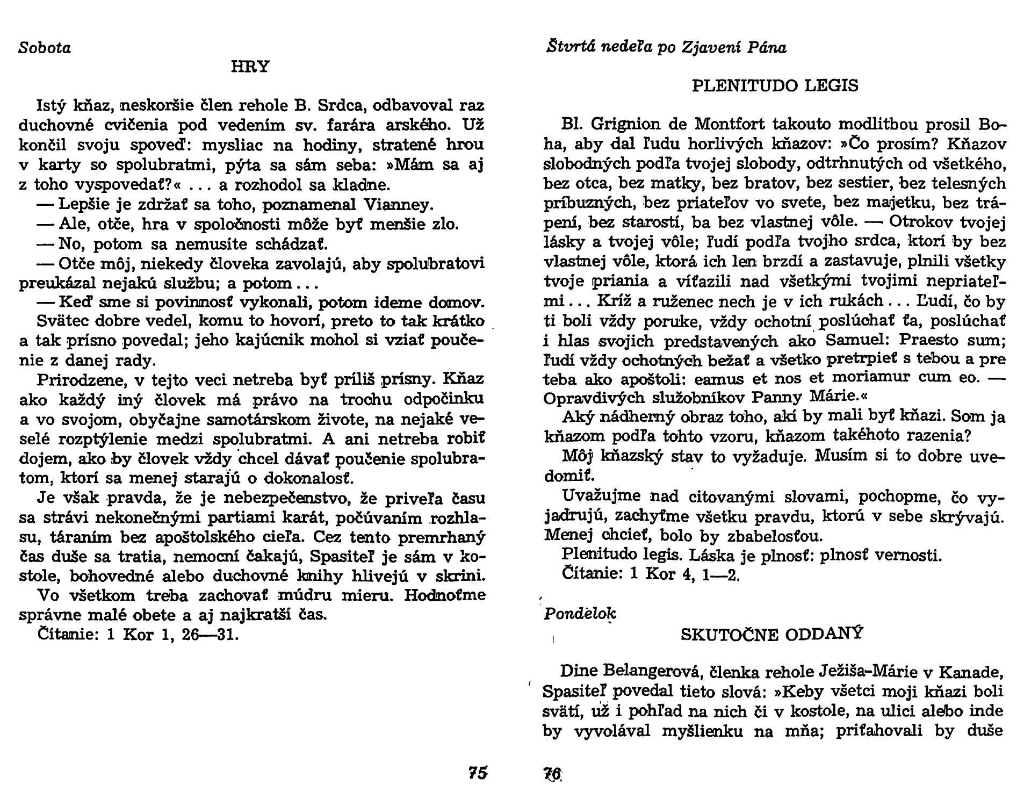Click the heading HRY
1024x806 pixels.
[x=250, y=67]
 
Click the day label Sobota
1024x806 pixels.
[x=45, y=48]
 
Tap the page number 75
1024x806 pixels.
[x=477, y=773]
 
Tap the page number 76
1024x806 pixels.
[x=553, y=774]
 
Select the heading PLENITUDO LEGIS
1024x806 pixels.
[x=775, y=86]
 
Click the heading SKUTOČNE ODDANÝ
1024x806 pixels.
[x=771, y=634]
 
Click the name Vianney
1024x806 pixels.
[x=398, y=205]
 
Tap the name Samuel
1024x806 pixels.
[x=857, y=341]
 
